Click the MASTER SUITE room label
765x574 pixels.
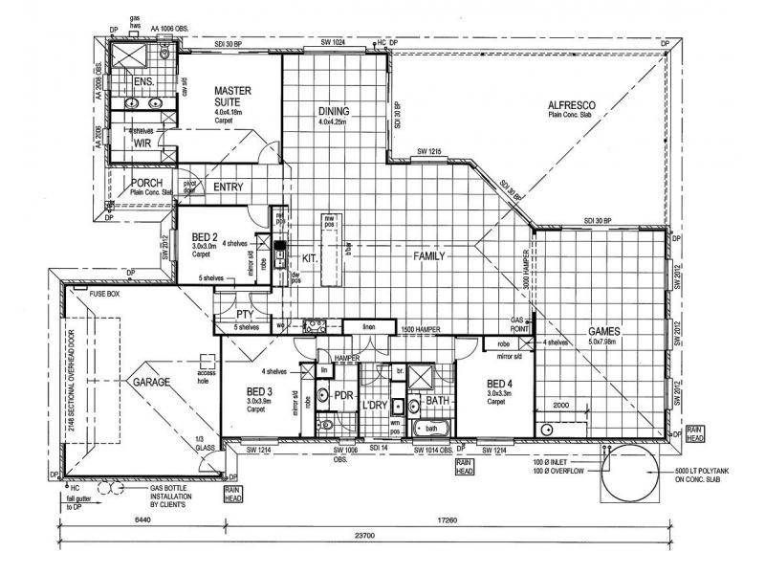[x=231, y=97]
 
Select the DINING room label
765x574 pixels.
[x=336, y=111]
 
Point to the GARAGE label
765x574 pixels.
[x=150, y=382]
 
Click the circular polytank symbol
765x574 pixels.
[x=627, y=474]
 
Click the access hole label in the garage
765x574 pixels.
[x=208, y=375]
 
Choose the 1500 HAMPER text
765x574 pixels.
[x=422, y=328]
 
